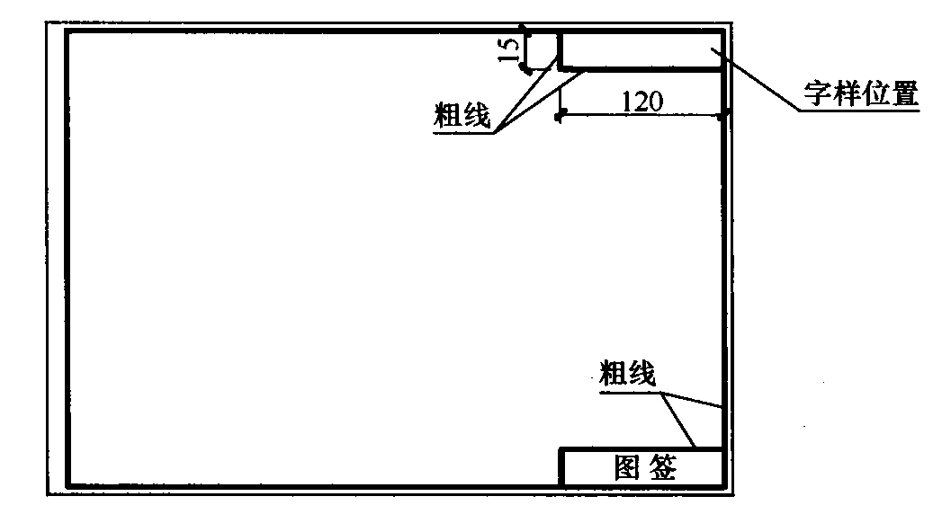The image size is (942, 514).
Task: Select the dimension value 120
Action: click(642, 102)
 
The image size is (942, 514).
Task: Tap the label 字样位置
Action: click(860, 93)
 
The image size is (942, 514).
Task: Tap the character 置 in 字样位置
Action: click(904, 93)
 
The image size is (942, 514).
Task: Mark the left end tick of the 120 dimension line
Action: click(560, 116)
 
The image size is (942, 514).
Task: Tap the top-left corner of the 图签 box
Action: click(561, 449)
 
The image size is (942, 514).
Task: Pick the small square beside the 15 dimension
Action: click(540, 50)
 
